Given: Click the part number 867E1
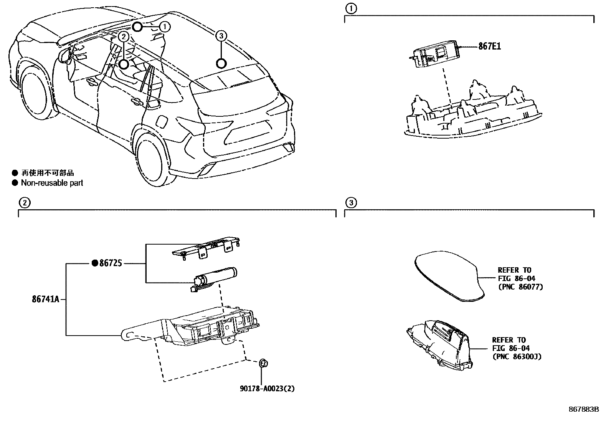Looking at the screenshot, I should pyautogui.click(x=489, y=46).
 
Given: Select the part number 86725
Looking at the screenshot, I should pyautogui.click(x=111, y=263).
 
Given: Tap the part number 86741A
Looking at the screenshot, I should pyautogui.click(x=45, y=299).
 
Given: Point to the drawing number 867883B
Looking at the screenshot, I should pyautogui.click(x=584, y=409).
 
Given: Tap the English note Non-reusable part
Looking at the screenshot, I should pyautogui.click(x=52, y=183).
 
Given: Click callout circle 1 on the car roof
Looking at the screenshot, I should pyautogui.click(x=165, y=26).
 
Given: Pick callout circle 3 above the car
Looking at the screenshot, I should pyautogui.click(x=221, y=36).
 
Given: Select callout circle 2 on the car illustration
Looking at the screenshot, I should pyautogui.click(x=123, y=36).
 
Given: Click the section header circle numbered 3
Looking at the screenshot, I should pyautogui.click(x=351, y=202).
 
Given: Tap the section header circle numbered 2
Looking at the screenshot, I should pyautogui.click(x=24, y=202).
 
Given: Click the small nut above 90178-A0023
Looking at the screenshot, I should pyautogui.click(x=264, y=362).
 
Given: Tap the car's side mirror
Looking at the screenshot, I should pyautogui.click(x=65, y=55).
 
